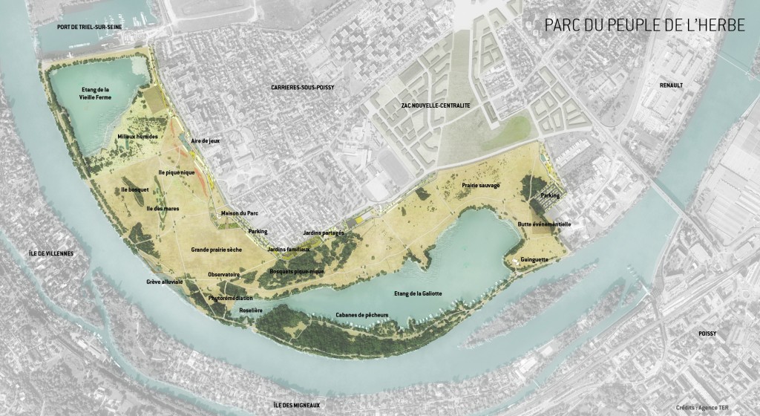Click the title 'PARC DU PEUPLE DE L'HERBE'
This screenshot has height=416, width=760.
(x=644, y=26)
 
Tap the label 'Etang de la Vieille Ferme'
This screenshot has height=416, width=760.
(x=95, y=93)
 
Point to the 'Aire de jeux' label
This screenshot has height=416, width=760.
(x=204, y=140)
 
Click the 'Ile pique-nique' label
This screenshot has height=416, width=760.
(x=177, y=172)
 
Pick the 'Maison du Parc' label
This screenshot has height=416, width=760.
(x=239, y=214)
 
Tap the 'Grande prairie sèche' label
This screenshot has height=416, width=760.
(x=217, y=250)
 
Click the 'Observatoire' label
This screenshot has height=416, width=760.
(x=224, y=274)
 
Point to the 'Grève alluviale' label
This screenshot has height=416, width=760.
(x=165, y=282)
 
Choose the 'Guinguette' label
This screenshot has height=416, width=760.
(x=534, y=260)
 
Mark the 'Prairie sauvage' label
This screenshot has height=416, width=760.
(x=481, y=185)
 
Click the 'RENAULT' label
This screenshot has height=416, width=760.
(x=671, y=85)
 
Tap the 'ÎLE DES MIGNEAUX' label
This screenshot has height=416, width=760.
(x=297, y=404)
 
